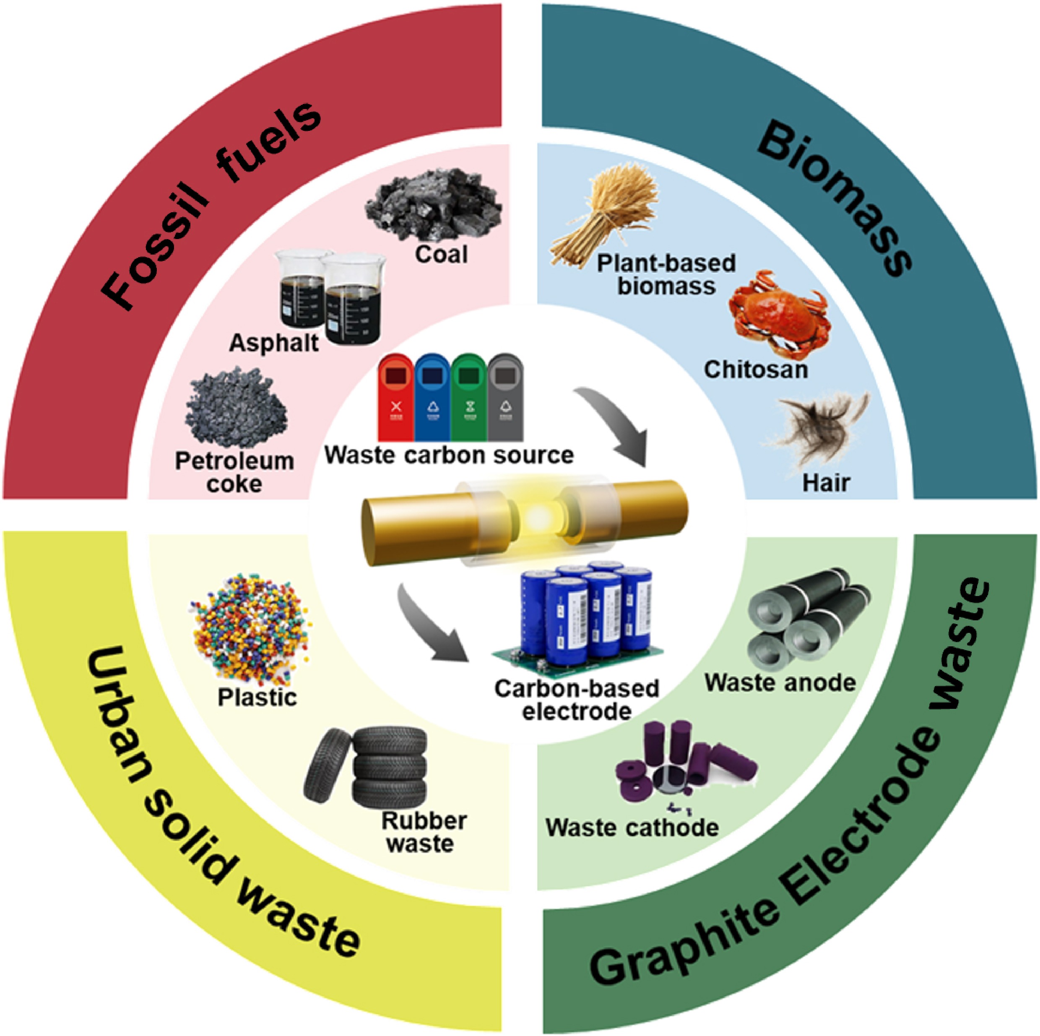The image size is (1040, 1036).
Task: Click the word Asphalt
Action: (273, 343)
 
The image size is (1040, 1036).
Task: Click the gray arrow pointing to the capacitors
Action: (431, 627)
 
